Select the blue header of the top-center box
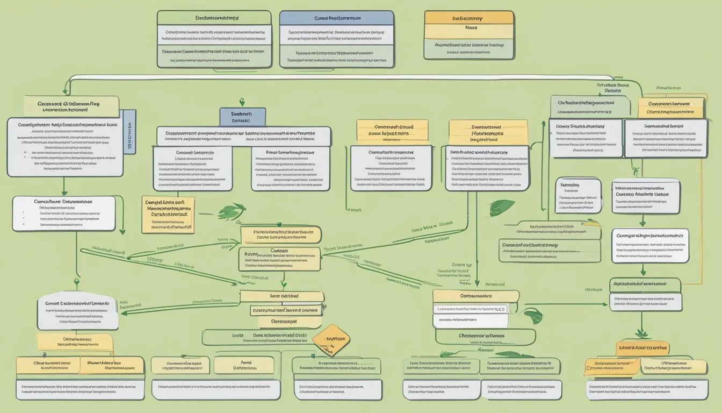point(337,18)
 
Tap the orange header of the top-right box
point(468,18)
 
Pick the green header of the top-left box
point(214,18)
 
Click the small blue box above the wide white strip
point(242,116)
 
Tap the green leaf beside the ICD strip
point(533,315)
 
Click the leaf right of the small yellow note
point(232,212)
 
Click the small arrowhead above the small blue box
point(242,102)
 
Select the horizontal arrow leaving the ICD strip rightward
point(564,304)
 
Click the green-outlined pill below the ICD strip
point(485,337)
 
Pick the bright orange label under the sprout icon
point(642,347)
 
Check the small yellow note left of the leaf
point(168,215)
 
